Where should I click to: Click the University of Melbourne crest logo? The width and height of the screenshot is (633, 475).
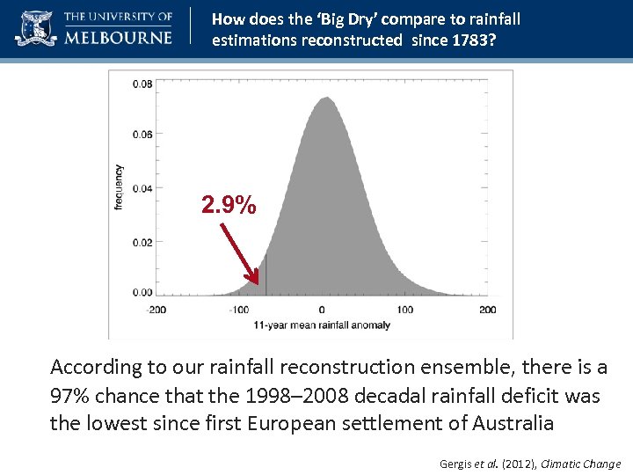coord(35,28)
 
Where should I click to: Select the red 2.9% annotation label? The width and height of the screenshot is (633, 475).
coord(229,206)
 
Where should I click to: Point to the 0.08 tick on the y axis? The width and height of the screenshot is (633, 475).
coord(142,84)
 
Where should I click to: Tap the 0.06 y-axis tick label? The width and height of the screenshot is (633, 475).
coord(142,135)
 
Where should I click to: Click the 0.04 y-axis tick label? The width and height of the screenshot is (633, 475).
coord(142,188)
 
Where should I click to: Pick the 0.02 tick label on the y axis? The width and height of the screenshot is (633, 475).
coord(142,242)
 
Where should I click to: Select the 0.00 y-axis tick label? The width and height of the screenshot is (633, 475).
coord(142,292)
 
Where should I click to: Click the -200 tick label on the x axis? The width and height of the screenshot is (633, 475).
coord(156,310)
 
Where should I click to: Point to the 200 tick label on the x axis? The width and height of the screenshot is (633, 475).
coord(488,310)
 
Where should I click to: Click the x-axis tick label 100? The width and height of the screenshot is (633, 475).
coord(404,310)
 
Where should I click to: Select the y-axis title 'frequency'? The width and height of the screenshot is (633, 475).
coord(119,186)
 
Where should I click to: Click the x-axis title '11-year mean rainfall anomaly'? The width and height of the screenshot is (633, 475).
coord(322,325)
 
